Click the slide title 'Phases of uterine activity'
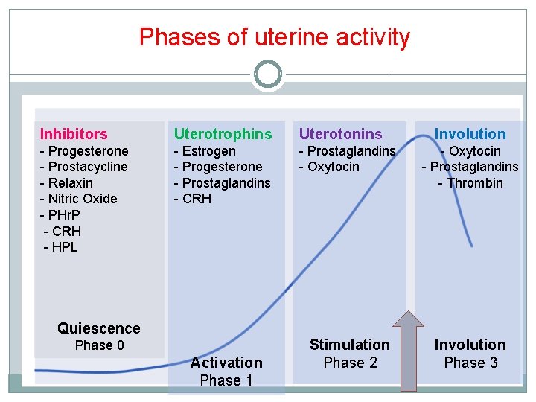274,37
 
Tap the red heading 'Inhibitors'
74,134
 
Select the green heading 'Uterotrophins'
223,134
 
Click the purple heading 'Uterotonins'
340,134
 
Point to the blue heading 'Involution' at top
470,134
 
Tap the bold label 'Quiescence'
98,328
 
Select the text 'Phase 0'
99,345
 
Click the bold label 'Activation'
226,363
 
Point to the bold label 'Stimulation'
349,345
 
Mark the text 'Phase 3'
470,363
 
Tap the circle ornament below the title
268,74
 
